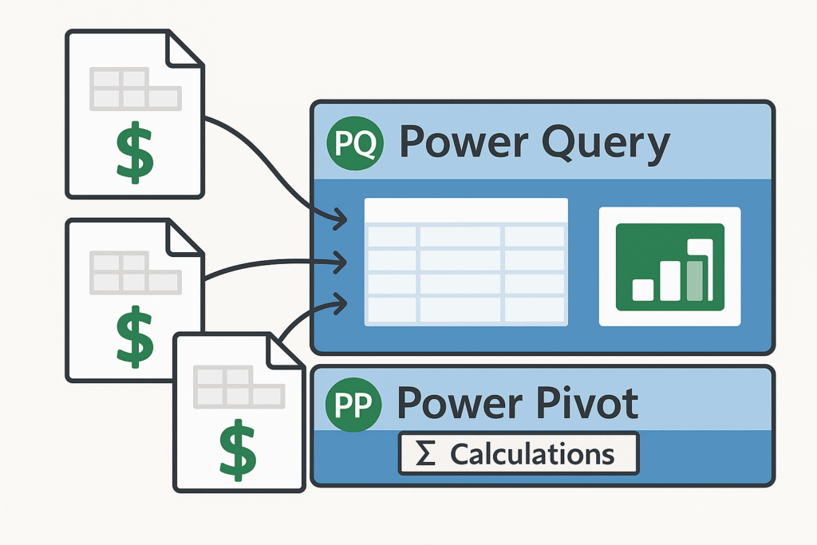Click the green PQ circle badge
pyautogui.click(x=355, y=144)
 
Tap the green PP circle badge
pyautogui.click(x=353, y=405)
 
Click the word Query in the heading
pyautogui.click(x=606, y=144)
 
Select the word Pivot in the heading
pyautogui.click(x=587, y=403)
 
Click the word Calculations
pyautogui.click(x=532, y=454)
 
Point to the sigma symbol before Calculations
pyautogui.click(x=425, y=453)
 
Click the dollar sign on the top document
pyautogui.click(x=134, y=152)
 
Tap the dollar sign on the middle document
pyautogui.click(x=134, y=336)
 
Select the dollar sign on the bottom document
pyautogui.click(x=238, y=450)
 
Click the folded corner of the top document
pyautogui.click(x=183, y=50)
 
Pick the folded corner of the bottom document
pyautogui.click(x=285, y=352)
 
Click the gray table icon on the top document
pyautogui.click(x=136, y=89)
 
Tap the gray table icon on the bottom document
pyautogui.click(x=239, y=386)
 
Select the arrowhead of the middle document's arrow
pyautogui.click(x=341, y=263)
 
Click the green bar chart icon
pyautogui.click(x=670, y=267)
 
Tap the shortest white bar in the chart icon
pyautogui.click(x=643, y=290)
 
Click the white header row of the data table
pyautogui.click(x=466, y=211)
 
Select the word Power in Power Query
pyautogui.click(x=464, y=141)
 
